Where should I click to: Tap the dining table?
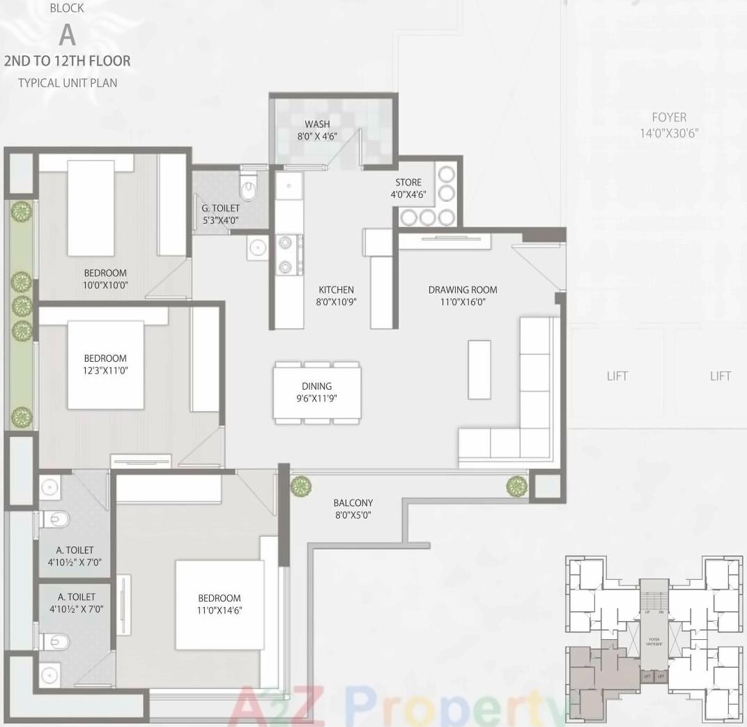(x=317, y=392)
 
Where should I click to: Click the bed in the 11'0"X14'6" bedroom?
(x=220, y=604)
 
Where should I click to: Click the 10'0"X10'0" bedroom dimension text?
(x=106, y=285)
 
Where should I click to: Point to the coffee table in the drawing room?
(x=479, y=369)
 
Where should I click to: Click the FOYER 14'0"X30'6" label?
(x=669, y=125)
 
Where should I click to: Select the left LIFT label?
(x=617, y=376)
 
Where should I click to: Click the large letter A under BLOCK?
(x=67, y=33)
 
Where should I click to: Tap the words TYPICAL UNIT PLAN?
(x=68, y=83)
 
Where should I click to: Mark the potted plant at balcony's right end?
(x=516, y=486)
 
